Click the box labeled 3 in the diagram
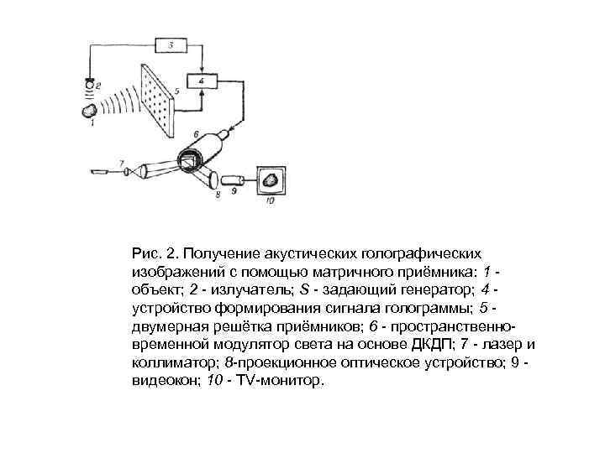[x=171, y=45]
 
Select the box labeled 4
[x=203, y=81]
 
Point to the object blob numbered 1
[x=87, y=110]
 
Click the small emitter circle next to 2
[x=89, y=85]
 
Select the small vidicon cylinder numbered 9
[x=236, y=180]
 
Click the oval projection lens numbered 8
[x=210, y=179]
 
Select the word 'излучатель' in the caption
[x=250, y=290]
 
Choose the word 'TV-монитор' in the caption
[x=280, y=382]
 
